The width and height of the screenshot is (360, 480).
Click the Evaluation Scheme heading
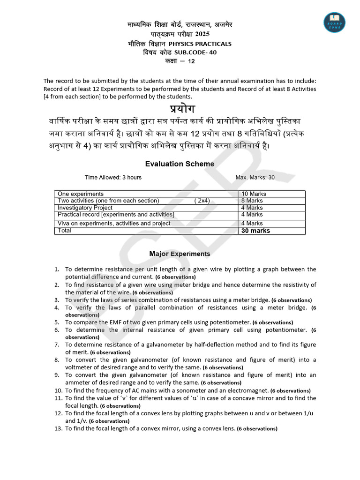(180, 164)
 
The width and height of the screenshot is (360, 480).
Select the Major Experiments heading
(180, 254)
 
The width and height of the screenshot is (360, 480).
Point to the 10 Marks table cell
(254, 194)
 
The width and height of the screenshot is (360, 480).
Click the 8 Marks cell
(252, 201)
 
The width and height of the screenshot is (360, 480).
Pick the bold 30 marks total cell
(255, 231)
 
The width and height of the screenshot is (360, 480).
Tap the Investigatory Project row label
(85, 208)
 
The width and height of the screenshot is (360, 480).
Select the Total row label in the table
(64, 231)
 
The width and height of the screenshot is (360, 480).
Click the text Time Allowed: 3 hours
(113, 178)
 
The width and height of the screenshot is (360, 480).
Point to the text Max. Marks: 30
(255, 178)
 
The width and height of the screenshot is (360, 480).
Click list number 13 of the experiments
(58, 428)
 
